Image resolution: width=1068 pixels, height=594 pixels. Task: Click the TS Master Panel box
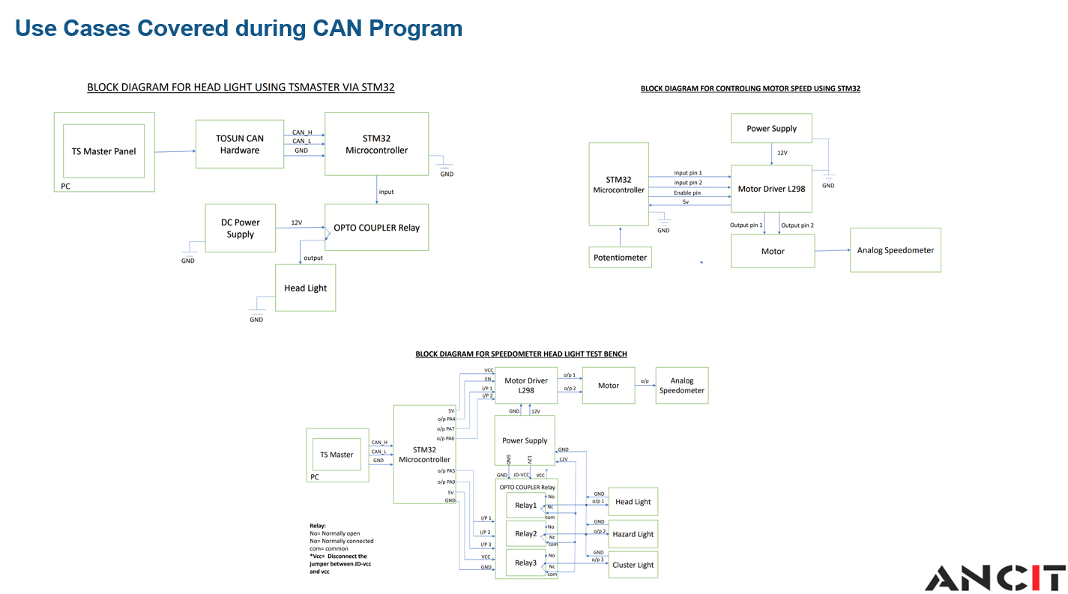(103, 151)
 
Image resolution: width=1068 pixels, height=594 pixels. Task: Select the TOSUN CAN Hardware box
(240, 144)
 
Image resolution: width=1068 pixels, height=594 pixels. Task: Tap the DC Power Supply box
(241, 228)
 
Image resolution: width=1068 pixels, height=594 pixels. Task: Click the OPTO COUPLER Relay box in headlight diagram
(376, 228)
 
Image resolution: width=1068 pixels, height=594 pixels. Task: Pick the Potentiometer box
(619, 257)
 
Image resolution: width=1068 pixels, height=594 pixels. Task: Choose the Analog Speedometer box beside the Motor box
(895, 250)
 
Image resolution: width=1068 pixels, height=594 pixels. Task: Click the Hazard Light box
(633, 534)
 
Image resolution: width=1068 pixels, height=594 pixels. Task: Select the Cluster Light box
(633, 565)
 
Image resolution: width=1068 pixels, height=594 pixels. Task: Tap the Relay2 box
(525, 534)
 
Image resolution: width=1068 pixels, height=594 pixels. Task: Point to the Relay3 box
(525, 563)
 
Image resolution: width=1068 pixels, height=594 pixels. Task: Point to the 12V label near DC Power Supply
(297, 222)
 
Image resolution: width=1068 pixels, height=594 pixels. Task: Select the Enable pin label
(687, 193)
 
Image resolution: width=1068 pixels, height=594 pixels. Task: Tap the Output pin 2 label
(797, 225)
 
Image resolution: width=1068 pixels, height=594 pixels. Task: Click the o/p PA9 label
(446, 482)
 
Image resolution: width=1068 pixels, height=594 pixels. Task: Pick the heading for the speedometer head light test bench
(521, 354)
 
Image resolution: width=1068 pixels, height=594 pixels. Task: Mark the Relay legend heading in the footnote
(318, 526)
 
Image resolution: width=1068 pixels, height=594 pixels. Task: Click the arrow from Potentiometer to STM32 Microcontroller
(619, 236)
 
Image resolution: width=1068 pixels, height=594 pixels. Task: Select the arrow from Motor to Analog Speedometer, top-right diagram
(832, 251)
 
